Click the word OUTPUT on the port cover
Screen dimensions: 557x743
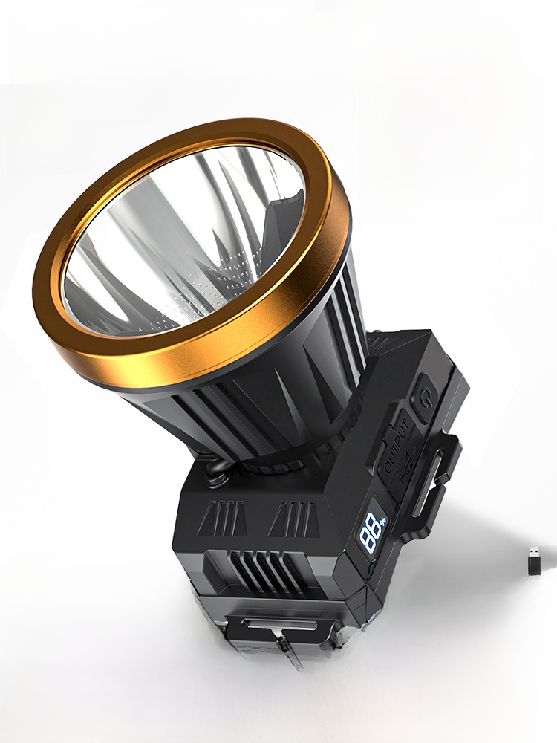click(x=396, y=445)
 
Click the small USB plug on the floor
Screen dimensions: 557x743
click(x=534, y=561)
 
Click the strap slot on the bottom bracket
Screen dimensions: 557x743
click(x=279, y=624)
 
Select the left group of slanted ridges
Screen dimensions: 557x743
click(x=221, y=516)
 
